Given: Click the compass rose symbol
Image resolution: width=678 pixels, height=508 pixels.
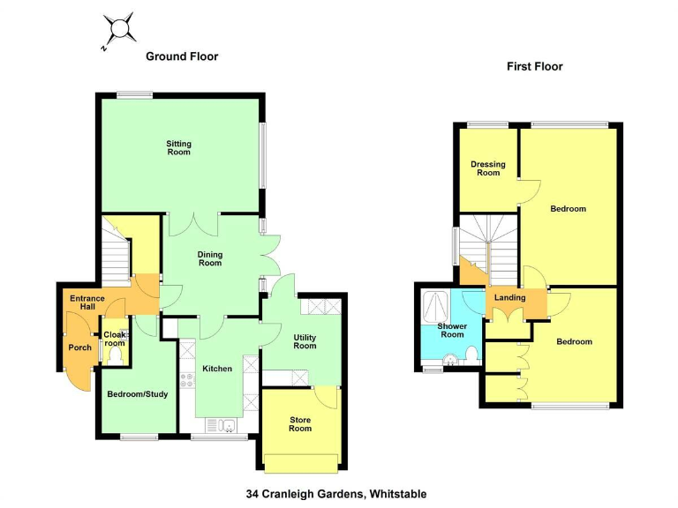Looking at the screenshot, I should tap(118, 29).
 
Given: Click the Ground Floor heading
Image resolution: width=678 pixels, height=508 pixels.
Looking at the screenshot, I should tap(182, 56).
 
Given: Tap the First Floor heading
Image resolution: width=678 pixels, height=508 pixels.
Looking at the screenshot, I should tap(534, 66).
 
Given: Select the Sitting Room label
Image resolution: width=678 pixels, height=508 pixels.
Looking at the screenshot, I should tap(179, 147).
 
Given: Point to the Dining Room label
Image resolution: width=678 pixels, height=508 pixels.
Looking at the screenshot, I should tap(209, 258).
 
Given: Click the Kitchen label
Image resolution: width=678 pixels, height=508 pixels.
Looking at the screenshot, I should tap(216, 369).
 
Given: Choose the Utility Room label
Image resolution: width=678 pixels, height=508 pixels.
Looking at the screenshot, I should tap(305, 341).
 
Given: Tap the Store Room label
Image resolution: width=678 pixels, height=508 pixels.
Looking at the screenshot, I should tap(300, 424).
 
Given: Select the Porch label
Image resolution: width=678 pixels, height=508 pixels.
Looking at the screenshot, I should tap(80, 347).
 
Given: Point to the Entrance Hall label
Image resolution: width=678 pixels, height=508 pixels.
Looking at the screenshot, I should tap(87, 303).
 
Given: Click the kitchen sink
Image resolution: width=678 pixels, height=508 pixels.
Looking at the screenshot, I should tap(228, 426).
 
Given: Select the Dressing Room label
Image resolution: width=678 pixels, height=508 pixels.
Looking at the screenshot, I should tap(487, 168).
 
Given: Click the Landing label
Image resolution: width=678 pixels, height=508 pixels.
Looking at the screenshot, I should tap(510, 298).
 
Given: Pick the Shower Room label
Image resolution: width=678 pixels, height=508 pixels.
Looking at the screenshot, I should tap(452, 330).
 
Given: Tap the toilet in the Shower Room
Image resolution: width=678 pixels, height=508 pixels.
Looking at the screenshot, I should tap(471, 354).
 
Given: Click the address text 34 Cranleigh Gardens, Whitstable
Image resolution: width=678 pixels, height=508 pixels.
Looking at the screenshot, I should tap(336, 494).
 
